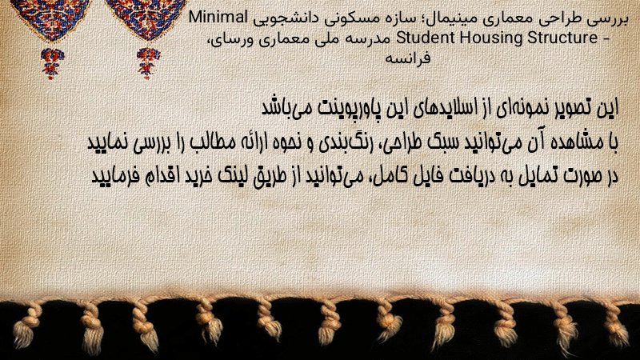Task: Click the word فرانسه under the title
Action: [x=407, y=58]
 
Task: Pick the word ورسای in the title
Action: [x=227, y=38]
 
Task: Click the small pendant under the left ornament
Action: [x=52, y=63]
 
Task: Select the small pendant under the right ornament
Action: [x=148, y=62]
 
